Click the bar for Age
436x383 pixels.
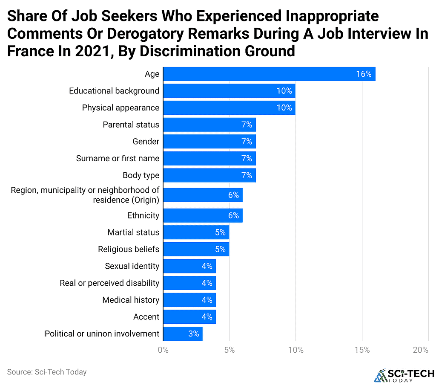click(x=269, y=74)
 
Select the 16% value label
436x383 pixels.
click(x=364, y=74)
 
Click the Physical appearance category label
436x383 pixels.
click(x=120, y=108)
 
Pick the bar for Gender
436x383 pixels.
click(x=209, y=142)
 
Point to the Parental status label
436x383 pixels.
click(x=131, y=125)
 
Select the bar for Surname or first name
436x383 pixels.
click(x=209, y=158)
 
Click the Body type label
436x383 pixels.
click(x=141, y=175)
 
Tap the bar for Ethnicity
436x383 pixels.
click(x=203, y=215)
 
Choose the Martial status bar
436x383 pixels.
click(x=196, y=232)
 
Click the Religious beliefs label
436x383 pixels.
click(x=128, y=249)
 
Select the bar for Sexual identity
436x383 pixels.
click(x=189, y=266)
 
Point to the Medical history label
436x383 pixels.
click(x=131, y=300)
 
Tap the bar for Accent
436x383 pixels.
click(x=189, y=317)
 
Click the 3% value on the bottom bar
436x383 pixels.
click(x=193, y=334)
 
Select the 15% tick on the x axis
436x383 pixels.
click(x=361, y=350)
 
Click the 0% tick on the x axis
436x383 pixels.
click(x=163, y=350)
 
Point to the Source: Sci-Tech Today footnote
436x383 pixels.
click(x=47, y=372)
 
